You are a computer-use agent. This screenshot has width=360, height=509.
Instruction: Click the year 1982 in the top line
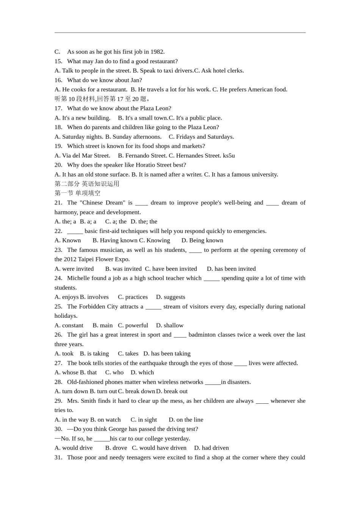point(157,52)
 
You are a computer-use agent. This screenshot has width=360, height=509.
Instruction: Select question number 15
point(58,61)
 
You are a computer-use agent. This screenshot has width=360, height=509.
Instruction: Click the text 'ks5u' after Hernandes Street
point(229,156)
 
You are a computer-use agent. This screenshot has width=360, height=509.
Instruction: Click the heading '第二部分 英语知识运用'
point(87,184)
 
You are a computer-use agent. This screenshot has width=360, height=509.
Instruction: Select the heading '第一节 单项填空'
point(77,193)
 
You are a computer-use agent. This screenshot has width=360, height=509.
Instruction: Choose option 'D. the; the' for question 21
point(144,222)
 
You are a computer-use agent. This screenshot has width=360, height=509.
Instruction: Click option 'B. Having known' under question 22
point(115,240)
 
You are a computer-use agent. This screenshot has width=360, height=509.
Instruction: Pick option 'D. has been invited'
point(231,269)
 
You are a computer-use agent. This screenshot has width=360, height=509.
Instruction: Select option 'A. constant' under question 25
point(69,325)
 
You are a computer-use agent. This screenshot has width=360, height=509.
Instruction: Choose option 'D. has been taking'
point(167,354)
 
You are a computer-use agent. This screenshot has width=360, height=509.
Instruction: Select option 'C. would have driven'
point(159,448)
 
